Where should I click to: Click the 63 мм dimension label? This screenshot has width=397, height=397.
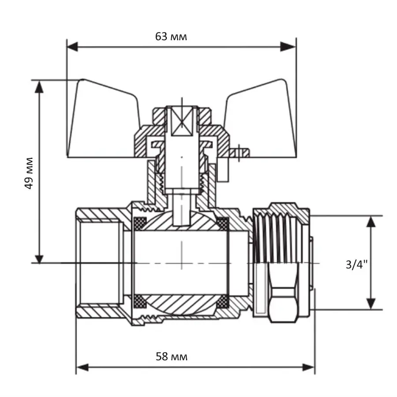(x=171, y=37)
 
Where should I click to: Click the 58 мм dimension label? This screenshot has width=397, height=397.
(x=172, y=356)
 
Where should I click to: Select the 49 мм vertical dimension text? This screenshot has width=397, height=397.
(x=29, y=172)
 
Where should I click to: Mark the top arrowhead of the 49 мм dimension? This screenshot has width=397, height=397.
(x=40, y=86)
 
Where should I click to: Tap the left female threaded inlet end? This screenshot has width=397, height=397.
(x=99, y=263)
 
